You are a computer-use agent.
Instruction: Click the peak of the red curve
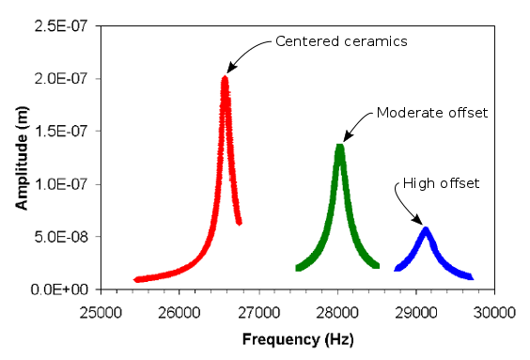click(225, 79)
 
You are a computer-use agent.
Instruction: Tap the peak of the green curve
click(339, 147)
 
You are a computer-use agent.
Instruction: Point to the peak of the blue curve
click(426, 229)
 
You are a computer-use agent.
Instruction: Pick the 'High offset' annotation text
click(441, 183)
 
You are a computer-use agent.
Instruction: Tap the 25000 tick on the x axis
click(100, 311)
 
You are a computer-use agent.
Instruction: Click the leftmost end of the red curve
click(137, 279)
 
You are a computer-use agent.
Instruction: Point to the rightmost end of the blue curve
click(470, 277)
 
